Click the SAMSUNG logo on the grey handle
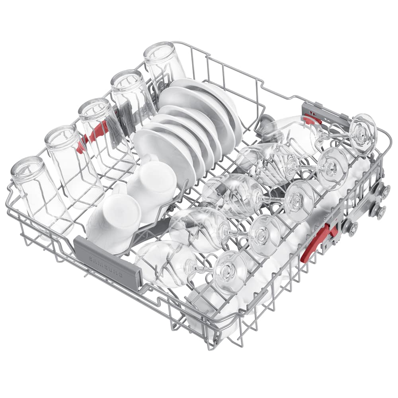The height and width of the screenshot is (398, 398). [x=106, y=267]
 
